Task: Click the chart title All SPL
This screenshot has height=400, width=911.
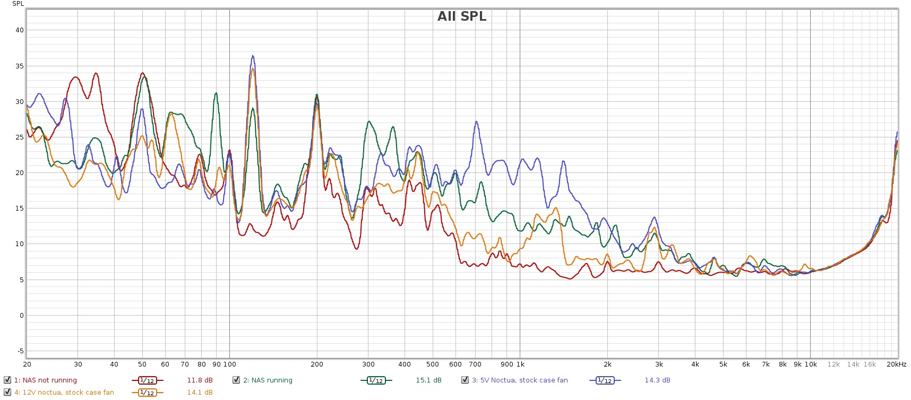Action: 461,16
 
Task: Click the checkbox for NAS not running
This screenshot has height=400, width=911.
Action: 7,380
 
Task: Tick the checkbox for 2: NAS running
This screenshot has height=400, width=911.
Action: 236,380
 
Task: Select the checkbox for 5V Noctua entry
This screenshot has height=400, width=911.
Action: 465,380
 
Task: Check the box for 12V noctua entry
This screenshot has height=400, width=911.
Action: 7,392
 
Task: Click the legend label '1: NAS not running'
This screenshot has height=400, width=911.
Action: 45,380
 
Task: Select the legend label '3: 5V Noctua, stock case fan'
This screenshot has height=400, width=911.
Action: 520,380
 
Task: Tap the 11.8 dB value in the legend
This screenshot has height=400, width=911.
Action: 200,380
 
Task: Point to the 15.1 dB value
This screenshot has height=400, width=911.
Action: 428,380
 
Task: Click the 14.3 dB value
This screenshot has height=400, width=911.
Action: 657,380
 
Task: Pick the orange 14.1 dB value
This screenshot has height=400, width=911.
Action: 200,393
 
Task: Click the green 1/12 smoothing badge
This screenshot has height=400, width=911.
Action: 375,380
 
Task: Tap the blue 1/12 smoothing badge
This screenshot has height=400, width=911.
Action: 604,380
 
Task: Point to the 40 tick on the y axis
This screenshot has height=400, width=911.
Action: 20,30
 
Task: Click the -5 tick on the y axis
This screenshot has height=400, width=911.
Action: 20,351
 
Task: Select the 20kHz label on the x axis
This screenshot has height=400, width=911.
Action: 896,364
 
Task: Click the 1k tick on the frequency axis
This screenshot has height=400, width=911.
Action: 520,364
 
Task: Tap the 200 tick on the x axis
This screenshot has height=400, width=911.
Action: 317,364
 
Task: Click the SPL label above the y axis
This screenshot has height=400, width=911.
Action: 18,4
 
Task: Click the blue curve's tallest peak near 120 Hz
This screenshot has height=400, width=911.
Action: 253,56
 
